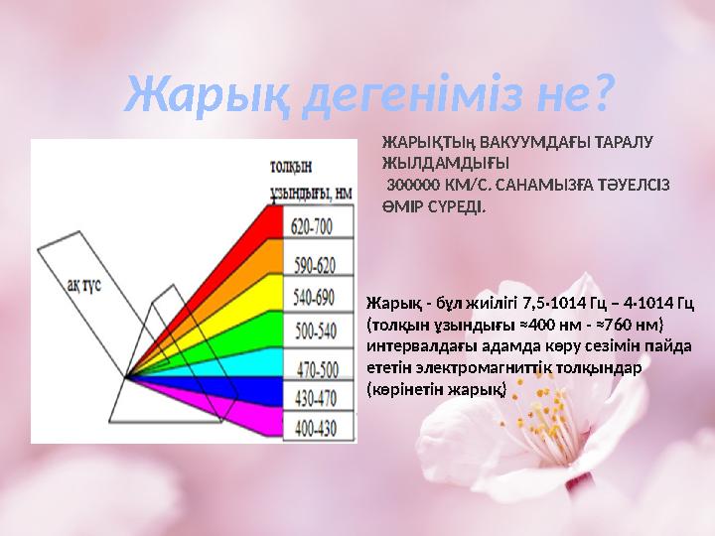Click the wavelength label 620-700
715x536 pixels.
pos(312,227)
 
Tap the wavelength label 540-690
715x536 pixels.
pos(312,297)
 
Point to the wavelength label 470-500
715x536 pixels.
pos(312,369)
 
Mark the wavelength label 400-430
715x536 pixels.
pos(312,427)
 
